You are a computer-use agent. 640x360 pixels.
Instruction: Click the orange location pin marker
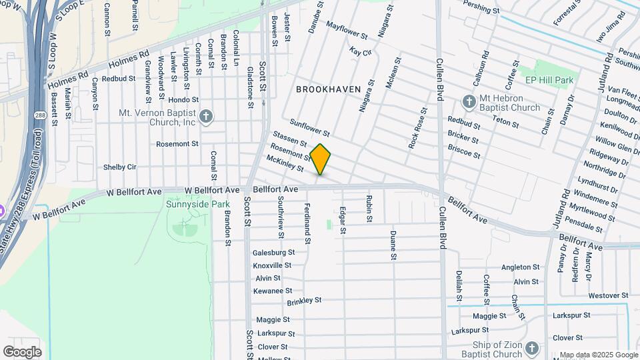321,159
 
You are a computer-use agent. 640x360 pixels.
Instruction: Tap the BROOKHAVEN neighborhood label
328,89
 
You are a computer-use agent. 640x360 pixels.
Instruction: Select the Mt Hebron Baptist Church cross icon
469,102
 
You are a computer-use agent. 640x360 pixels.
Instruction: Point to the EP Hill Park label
549,80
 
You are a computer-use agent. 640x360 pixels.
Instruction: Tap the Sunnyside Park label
197,204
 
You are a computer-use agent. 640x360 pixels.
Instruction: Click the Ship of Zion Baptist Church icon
531,348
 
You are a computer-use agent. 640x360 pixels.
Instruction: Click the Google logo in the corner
22,351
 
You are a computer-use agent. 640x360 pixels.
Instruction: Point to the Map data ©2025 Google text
599,355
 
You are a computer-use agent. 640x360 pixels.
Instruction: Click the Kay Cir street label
360,51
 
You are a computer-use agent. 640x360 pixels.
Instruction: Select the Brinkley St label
305,302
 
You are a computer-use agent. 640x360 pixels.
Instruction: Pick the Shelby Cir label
120,167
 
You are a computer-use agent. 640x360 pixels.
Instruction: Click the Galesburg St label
273,253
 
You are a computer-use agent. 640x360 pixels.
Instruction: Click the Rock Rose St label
417,127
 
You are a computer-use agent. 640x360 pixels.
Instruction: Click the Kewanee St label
273,291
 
